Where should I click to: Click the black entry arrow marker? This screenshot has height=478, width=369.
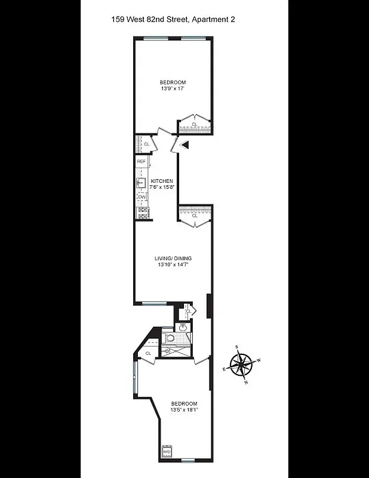tap(184, 145)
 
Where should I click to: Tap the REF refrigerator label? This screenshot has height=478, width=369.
tap(142, 162)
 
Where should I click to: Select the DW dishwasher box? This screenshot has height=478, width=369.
tap(142, 197)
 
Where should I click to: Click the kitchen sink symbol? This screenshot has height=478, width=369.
tap(142, 182)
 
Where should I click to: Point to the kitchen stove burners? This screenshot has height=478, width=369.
tap(142, 211)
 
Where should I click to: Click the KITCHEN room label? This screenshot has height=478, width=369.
tap(162, 181)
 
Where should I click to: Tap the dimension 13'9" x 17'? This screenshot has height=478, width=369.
tap(172, 88)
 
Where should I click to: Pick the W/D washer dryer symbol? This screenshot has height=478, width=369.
tap(167, 452)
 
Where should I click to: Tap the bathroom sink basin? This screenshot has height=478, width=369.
tap(182, 326)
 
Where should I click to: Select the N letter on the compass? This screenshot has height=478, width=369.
tap(245, 382)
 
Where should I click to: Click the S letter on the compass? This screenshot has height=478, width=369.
tap(237, 347)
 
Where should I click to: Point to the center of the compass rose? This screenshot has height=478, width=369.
tap(241, 364)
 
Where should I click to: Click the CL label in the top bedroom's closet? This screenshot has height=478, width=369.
tap(194, 124)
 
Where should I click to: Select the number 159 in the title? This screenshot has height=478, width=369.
tap(118, 20)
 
